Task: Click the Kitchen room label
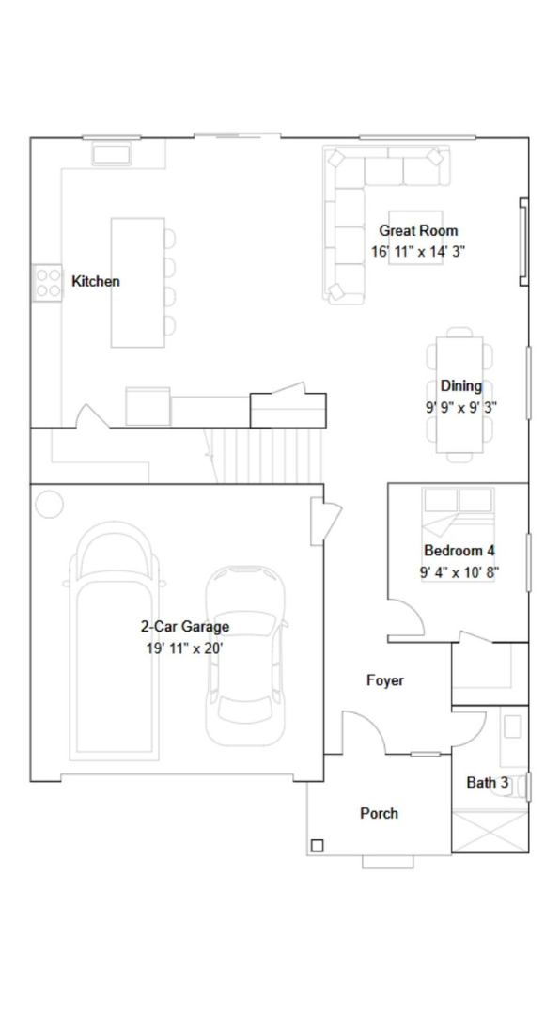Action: point(95,282)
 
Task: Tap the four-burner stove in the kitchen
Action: point(48,283)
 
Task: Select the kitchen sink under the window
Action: point(112,153)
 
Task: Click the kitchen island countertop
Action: point(137,283)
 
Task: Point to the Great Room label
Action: point(418,230)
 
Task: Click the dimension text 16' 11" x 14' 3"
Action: point(418,252)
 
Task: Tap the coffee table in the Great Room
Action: point(415,238)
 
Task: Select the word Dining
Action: point(460,386)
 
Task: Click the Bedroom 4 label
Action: point(459,551)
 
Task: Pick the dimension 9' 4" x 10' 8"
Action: point(459,572)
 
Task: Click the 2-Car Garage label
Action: point(185,627)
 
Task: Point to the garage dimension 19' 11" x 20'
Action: point(185,648)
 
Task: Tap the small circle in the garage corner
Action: point(49,505)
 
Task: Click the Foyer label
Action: point(385,680)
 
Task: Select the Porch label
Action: point(380,814)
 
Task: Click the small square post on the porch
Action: point(318,845)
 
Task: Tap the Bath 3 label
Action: point(488,783)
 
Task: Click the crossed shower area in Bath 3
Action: point(490,831)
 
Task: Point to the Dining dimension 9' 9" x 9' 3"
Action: point(460,408)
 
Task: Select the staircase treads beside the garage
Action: point(269,456)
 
